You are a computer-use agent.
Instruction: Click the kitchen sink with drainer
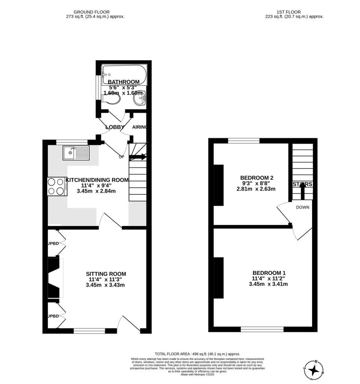pos(76,153)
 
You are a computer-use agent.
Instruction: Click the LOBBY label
pos(115,127)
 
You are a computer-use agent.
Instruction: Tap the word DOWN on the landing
pos(302,207)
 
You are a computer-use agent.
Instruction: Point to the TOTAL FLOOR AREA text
pos(197,354)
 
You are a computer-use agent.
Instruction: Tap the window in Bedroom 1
pos(262,329)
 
